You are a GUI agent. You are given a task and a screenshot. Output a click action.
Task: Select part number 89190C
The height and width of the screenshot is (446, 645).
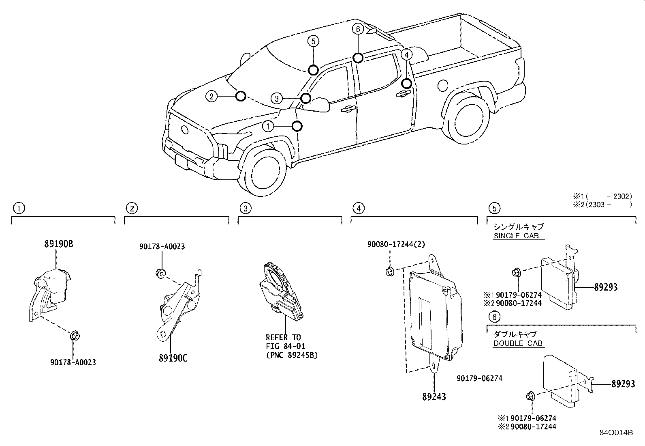[x=173, y=358]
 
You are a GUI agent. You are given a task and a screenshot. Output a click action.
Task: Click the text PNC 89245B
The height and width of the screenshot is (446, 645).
[x=292, y=355]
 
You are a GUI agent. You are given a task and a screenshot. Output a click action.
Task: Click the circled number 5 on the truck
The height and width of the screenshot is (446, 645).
[x=313, y=41]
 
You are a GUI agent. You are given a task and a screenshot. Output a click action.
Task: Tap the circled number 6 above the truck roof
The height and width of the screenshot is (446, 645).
[x=357, y=29]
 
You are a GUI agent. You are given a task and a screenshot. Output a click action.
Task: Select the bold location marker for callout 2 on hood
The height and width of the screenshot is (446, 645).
[x=241, y=96]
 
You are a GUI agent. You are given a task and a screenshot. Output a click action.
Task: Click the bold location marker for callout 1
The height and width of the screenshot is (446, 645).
[x=297, y=126]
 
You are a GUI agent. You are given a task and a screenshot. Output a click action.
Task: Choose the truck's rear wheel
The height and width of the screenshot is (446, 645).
[x=470, y=120]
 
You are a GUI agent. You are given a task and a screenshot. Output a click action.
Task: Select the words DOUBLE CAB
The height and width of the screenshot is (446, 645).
[x=517, y=343]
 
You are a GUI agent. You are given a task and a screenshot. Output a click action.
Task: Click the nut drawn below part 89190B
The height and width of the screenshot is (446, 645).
[x=75, y=336]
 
